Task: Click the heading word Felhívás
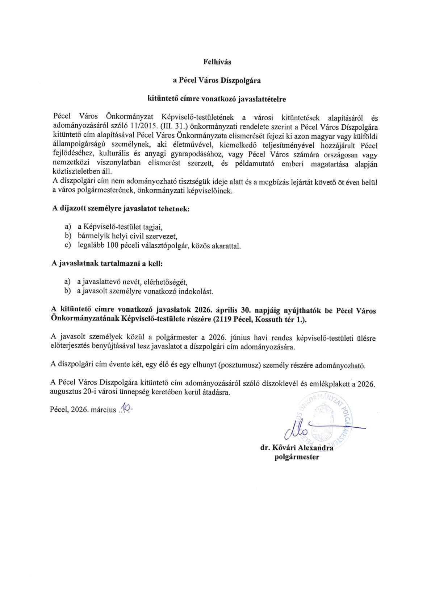tap(217, 62)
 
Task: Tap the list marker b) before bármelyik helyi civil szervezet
tap(67, 236)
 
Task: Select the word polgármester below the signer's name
tap(297, 457)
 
